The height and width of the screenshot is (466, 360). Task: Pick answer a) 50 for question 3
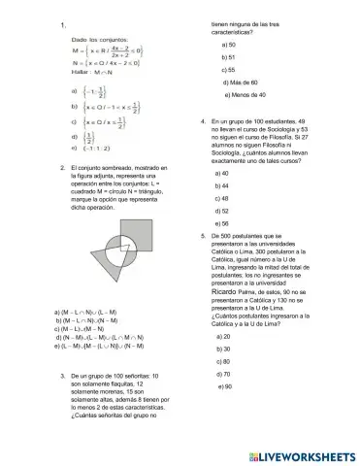(228, 45)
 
